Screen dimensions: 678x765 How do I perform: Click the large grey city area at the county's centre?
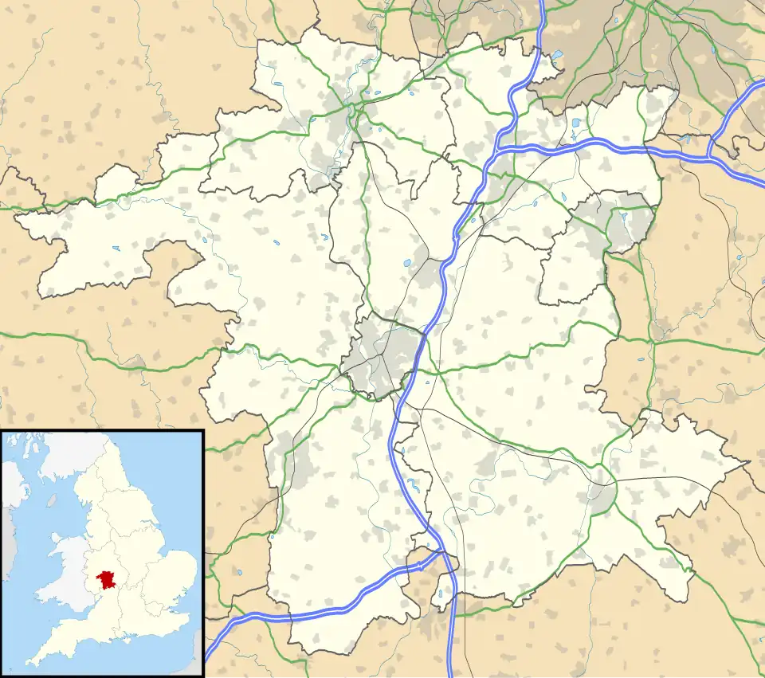pyautogui.click(x=381, y=355)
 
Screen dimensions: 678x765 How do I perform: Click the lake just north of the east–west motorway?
pyautogui.click(x=575, y=123)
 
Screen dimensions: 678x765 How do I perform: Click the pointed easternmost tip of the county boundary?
pyautogui.click(x=747, y=462)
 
